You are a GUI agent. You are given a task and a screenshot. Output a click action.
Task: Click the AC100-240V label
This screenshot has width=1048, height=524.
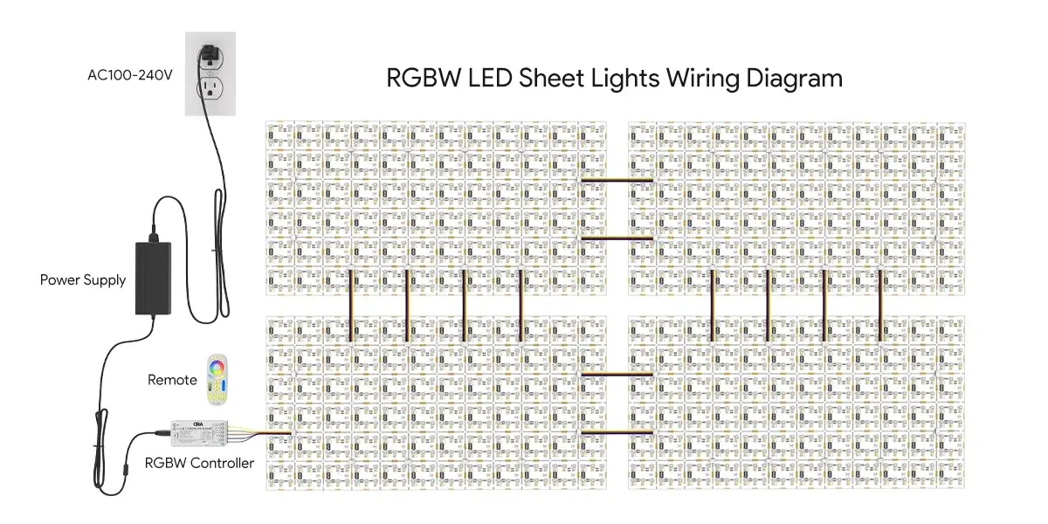click(129, 75)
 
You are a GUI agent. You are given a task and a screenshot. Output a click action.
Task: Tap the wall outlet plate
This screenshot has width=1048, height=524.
click(210, 73)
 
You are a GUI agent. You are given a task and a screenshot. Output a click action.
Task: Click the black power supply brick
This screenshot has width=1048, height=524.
click(156, 278)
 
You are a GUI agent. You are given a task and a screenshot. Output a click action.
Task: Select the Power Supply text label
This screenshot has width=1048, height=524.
click(83, 280)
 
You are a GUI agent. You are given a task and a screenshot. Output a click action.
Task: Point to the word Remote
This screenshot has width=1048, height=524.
click(172, 380)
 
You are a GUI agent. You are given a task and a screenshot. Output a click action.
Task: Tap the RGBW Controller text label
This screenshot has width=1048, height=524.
click(199, 463)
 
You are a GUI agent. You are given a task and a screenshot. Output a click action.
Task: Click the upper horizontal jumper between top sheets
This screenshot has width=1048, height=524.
click(617, 181)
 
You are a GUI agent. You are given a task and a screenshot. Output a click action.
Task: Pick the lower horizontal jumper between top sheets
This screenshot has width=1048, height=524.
click(617, 238)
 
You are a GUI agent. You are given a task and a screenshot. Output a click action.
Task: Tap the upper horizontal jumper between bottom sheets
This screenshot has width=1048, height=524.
click(617, 375)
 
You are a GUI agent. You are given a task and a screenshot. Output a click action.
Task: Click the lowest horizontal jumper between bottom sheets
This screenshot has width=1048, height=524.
click(617, 432)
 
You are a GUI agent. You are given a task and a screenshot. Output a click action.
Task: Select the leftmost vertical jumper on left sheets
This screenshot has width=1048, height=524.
click(351, 305)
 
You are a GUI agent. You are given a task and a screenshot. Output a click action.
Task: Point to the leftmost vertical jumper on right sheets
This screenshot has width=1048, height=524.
click(713, 305)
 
